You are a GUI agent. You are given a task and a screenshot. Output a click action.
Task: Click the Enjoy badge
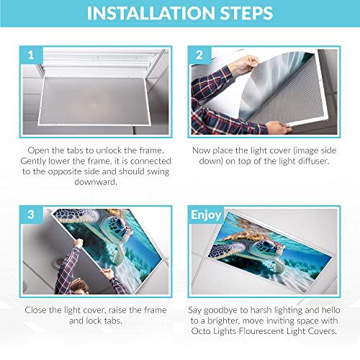pyautogui.click(x=207, y=215)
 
